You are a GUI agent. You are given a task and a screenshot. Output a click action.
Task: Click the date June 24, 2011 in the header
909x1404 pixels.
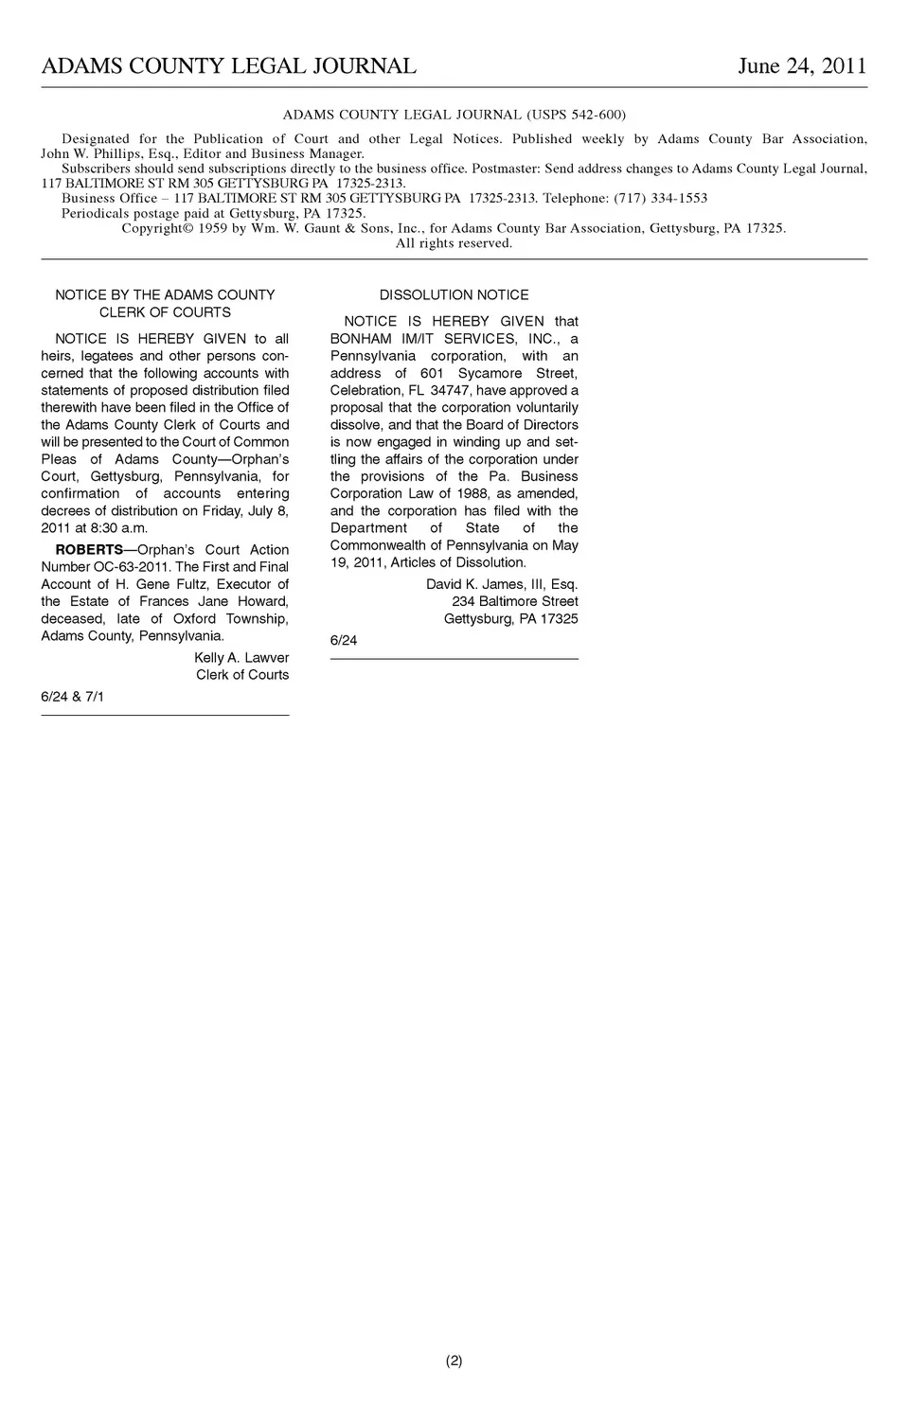click(x=802, y=65)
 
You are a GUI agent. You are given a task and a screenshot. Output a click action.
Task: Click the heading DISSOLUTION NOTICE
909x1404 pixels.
click(x=454, y=295)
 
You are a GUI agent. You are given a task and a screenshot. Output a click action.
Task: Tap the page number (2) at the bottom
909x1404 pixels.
click(x=454, y=1361)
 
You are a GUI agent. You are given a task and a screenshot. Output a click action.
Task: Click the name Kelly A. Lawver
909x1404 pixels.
click(x=241, y=658)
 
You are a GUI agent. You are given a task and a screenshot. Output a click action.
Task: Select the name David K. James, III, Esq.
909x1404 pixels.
click(x=502, y=585)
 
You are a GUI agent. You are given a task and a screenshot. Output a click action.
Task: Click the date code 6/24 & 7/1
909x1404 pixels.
click(x=73, y=697)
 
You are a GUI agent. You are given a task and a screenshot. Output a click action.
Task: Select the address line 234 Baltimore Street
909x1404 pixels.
click(x=514, y=602)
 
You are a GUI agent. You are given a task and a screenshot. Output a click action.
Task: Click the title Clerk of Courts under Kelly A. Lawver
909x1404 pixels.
click(x=242, y=675)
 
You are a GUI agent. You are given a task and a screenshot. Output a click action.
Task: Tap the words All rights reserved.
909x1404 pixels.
click(x=454, y=243)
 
